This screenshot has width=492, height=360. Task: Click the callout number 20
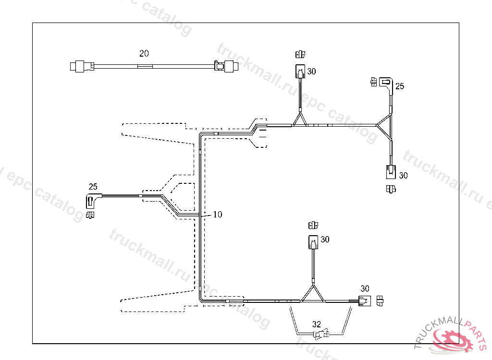click(144, 53)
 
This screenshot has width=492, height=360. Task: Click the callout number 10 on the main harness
click(218, 215)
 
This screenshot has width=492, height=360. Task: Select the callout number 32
click(316, 324)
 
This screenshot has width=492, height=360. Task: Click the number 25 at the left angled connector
click(93, 186)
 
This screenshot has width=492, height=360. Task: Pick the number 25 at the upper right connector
click(400, 86)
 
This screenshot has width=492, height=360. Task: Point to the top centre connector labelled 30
click(300, 72)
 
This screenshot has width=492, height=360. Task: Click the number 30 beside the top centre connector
click(311, 72)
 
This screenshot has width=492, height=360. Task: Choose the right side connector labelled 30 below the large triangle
click(391, 171)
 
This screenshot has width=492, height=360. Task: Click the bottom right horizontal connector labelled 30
click(365, 301)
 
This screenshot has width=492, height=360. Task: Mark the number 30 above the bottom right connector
click(365, 288)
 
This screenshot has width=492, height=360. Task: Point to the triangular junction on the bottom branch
click(312, 294)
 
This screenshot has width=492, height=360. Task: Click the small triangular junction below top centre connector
click(300, 120)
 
